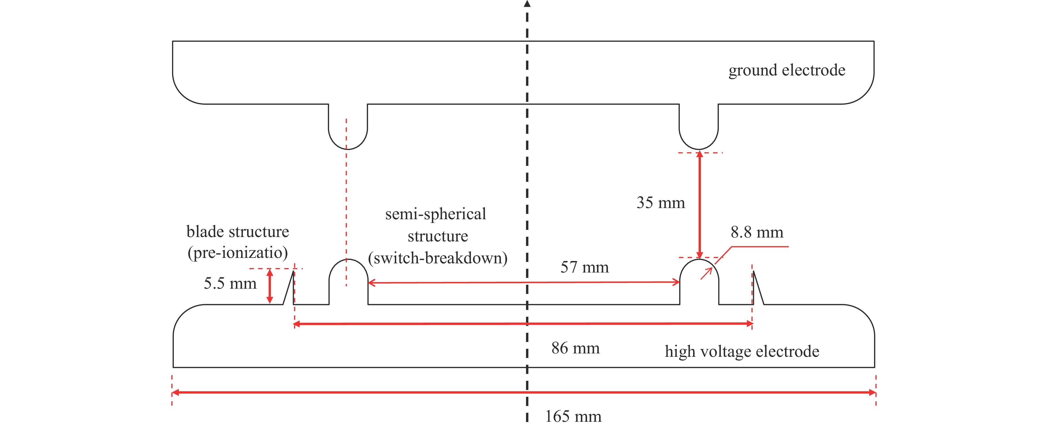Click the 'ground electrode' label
pos(787,70)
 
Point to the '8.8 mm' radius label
pos(757,233)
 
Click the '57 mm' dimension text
pos(585,268)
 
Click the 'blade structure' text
pos(237,232)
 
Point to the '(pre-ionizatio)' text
pos(237,253)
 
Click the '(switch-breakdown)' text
pos(437,258)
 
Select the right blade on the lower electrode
pos(757,289)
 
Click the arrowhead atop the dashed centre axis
pos(527,4)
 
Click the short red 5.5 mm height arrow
pos(269,286)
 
